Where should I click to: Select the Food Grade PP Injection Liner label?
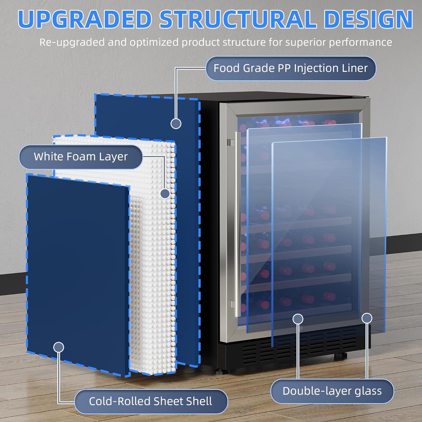pos(291,68)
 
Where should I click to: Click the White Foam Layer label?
pos(81,157)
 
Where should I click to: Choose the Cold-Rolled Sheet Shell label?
pos(151,401)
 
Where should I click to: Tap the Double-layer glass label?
pos(332,391)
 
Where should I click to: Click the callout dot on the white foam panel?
pos(165,193)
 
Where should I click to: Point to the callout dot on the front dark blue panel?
pos(59,347)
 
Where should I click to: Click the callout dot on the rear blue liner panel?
pos(176,123)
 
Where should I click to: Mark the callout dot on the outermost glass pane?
pos(367,318)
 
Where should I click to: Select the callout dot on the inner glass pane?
pos(298,318)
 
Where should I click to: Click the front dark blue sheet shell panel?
pos(78,268)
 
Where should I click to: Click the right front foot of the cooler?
pos(340,356)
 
